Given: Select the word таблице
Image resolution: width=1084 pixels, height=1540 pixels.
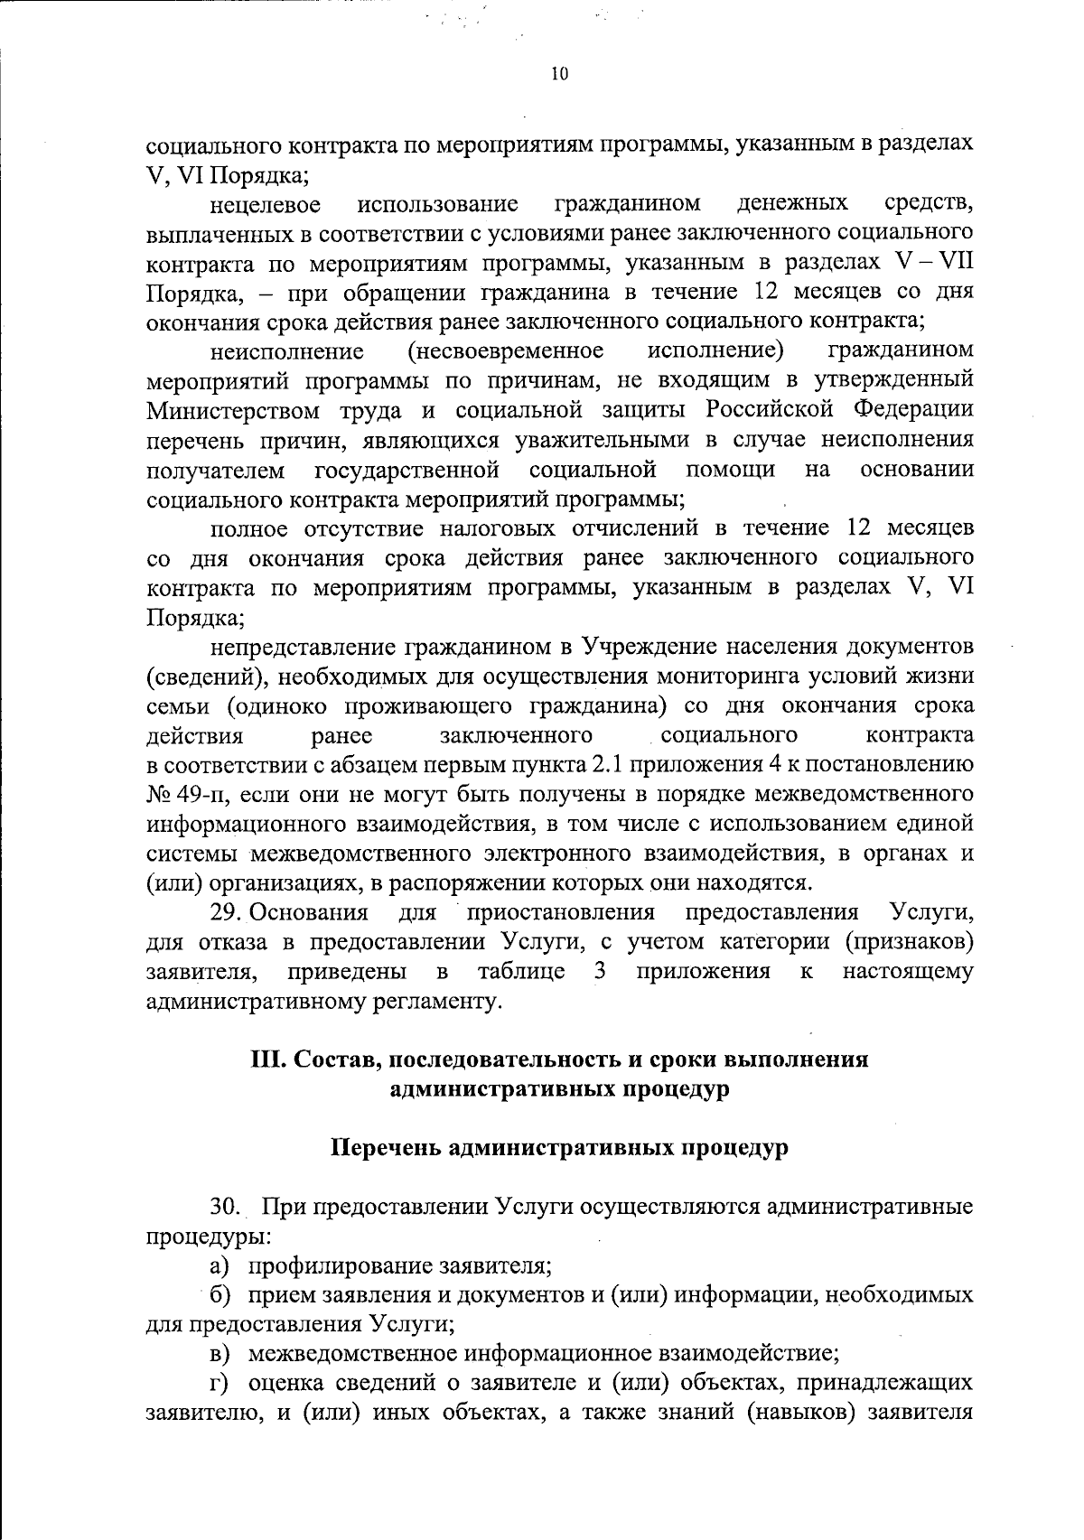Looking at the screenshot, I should tap(521, 972).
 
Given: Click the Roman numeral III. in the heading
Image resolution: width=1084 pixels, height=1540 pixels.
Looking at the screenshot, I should tap(266, 1059).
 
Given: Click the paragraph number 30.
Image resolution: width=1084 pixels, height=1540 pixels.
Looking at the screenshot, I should tap(225, 1207).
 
